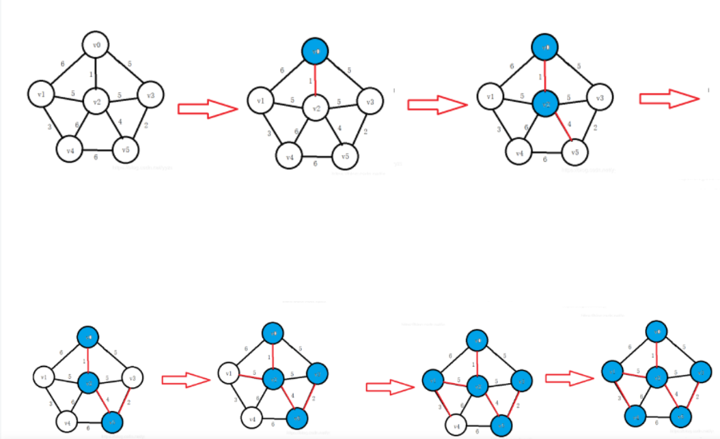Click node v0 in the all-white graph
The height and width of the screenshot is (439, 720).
coord(97,46)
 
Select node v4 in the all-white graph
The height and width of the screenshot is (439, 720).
coord(68,148)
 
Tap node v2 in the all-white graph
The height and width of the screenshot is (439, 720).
coord(96,102)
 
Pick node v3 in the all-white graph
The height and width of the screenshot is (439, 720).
coord(150,95)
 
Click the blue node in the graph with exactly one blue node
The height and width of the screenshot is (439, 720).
coord(316,51)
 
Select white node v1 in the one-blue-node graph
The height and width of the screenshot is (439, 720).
coord(260,101)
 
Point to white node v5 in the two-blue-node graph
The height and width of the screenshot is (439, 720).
coord(575,151)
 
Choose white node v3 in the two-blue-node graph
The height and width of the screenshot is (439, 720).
coord(600,98)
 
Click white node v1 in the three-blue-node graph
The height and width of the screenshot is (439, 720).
coord(44,376)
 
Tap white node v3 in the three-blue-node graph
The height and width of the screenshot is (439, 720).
coord(132,376)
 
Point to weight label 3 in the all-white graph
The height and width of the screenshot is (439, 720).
coord(50,128)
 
